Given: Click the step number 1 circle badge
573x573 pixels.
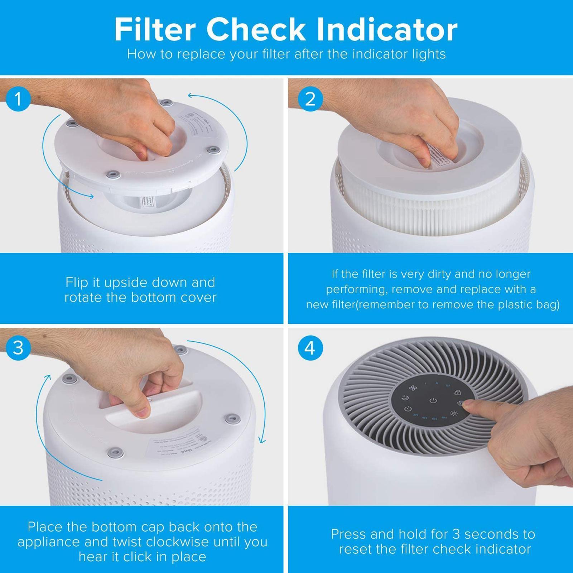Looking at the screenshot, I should (18, 99).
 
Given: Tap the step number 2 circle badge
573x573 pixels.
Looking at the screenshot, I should (310, 99).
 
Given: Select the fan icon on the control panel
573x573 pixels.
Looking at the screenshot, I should (413, 387).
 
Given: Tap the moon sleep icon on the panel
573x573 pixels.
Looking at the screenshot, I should (405, 398).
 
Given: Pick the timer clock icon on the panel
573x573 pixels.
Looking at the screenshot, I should (408, 409).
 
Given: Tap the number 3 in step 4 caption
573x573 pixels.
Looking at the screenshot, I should (456, 534).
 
